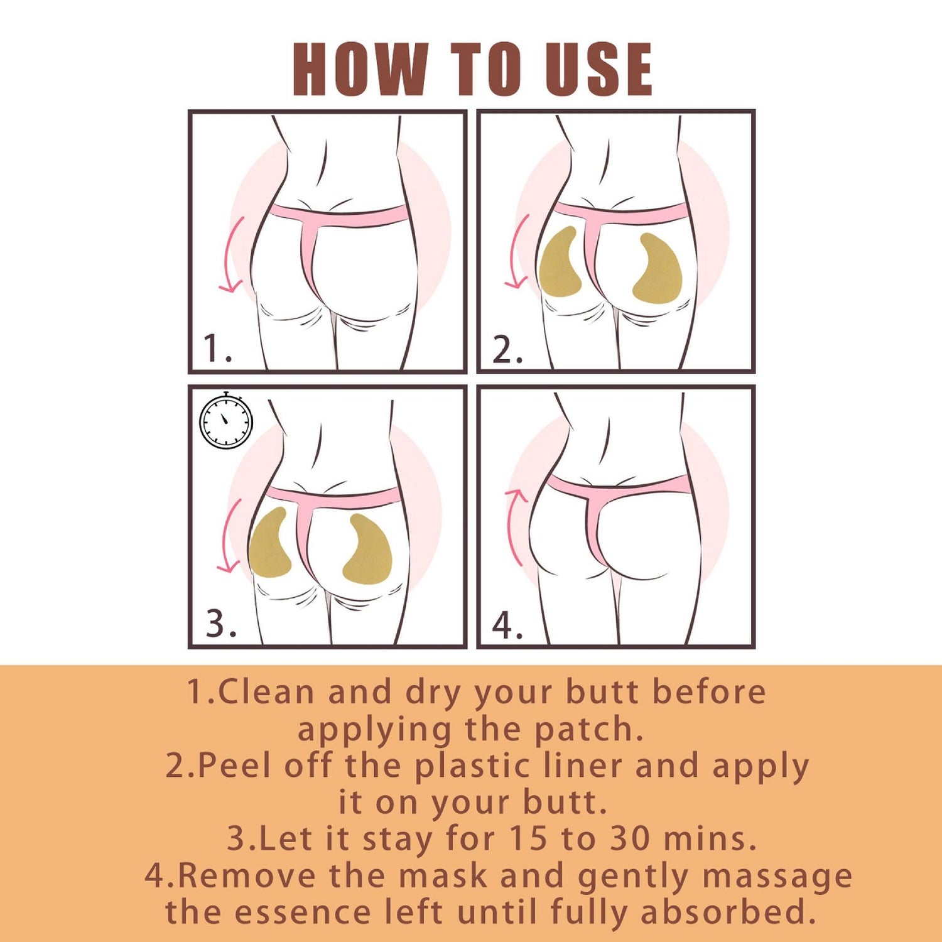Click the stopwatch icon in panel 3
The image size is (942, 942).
click(226, 420)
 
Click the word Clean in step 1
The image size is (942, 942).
click(266, 692)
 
